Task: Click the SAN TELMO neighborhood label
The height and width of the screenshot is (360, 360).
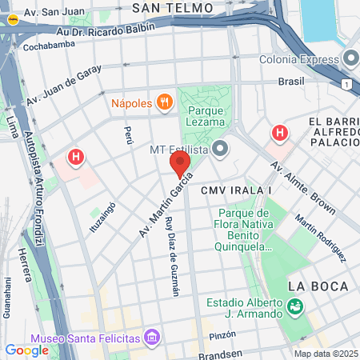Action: (173, 8)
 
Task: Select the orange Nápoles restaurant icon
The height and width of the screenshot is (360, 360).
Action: (165, 102)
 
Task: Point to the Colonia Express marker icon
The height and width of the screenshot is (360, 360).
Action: (350, 58)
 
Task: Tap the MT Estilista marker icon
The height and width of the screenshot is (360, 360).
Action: (222, 150)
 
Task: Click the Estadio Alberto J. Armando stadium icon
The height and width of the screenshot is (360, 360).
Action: (295, 306)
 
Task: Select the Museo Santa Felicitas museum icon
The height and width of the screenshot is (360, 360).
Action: (152, 340)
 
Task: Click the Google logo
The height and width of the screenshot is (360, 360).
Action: (26, 350)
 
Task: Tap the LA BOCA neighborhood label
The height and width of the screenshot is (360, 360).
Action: (318, 286)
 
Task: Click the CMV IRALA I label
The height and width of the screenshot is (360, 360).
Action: (238, 190)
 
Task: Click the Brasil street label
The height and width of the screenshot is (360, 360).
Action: (291, 82)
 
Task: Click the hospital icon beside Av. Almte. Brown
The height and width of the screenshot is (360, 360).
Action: (279, 133)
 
